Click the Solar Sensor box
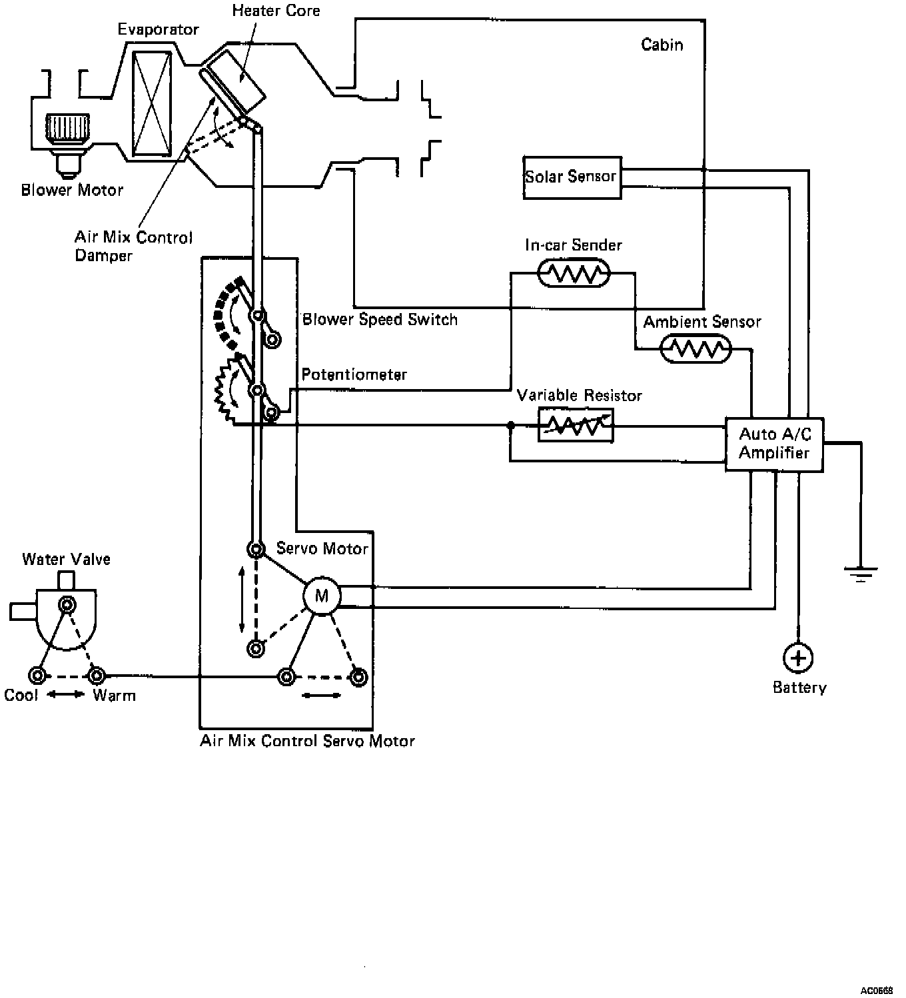coord(572,178)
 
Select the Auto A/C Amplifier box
coord(774,444)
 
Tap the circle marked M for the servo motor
coord(322,596)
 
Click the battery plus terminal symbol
coord(798,658)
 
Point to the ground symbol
coord(861,574)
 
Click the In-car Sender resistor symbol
coord(574,272)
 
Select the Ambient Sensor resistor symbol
coord(695,348)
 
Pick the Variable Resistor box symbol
coord(576,425)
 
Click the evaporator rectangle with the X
coord(152,103)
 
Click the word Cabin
coord(662,45)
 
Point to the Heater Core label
coord(276,11)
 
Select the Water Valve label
coord(66,559)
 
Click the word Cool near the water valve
coord(21,695)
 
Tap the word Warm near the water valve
coord(115,695)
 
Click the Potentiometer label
coord(354,374)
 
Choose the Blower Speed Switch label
coord(380,319)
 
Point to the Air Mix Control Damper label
coord(133,247)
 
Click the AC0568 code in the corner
coord(877,991)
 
